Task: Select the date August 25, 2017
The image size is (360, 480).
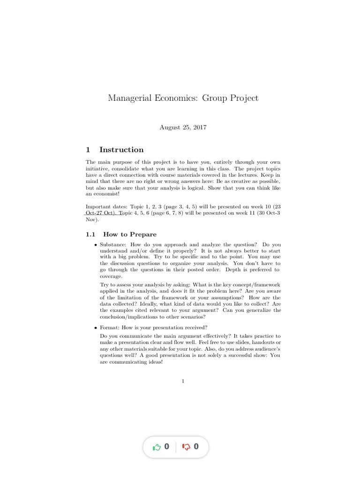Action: pos(183,127)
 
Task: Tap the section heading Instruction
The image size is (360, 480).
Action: pos(121,150)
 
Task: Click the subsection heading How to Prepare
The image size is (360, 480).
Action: pos(130,234)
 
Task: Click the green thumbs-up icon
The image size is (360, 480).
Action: pos(157,447)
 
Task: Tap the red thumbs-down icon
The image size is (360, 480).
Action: pos(186,447)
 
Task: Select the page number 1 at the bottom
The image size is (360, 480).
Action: pos(183,381)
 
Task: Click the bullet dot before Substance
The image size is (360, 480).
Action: pos(95,245)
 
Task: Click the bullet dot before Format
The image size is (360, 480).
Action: pos(95,328)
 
